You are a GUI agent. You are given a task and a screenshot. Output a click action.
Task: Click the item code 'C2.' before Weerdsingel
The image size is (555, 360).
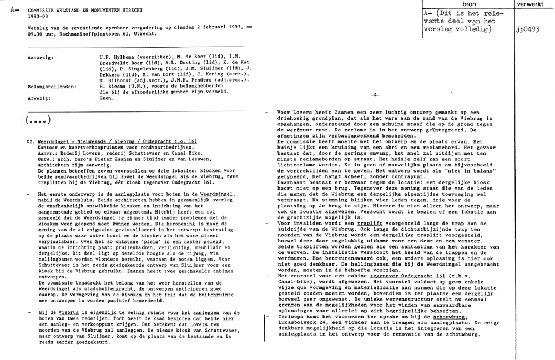[31, 143]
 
